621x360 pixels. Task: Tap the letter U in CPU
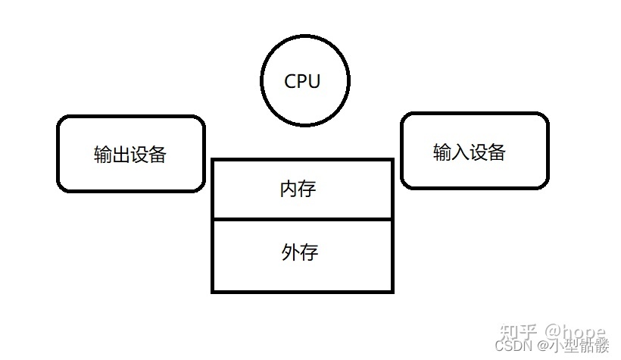point(314,81)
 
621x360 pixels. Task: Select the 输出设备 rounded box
point(131,153)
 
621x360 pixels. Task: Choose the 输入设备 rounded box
point(473,150)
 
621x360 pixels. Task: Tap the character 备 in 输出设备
point(158,155)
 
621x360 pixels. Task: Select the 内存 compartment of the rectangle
point(302,189)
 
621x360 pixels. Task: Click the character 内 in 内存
point(289,189)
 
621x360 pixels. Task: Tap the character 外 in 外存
point(289,252)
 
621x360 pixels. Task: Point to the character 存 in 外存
point(307,252)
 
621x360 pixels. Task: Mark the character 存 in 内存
point(307,189)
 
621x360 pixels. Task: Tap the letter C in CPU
point(291,81)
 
